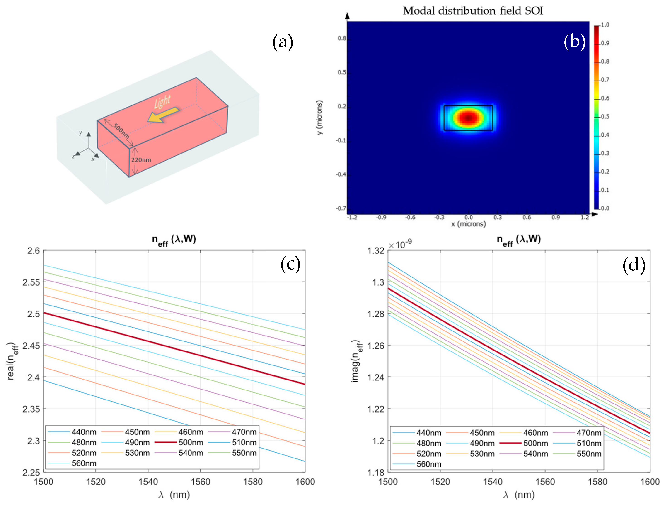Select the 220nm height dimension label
[x=141, y=160]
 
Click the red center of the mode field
[x=468, y=118]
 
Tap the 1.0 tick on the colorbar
[x=605, y=25]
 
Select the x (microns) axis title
[x=468, y=224]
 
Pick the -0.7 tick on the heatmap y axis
[x=341, y=208]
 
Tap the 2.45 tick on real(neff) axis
[x=31, y=346]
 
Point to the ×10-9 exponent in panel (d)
[x=400, y=244]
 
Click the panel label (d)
[x=634, y=265]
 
